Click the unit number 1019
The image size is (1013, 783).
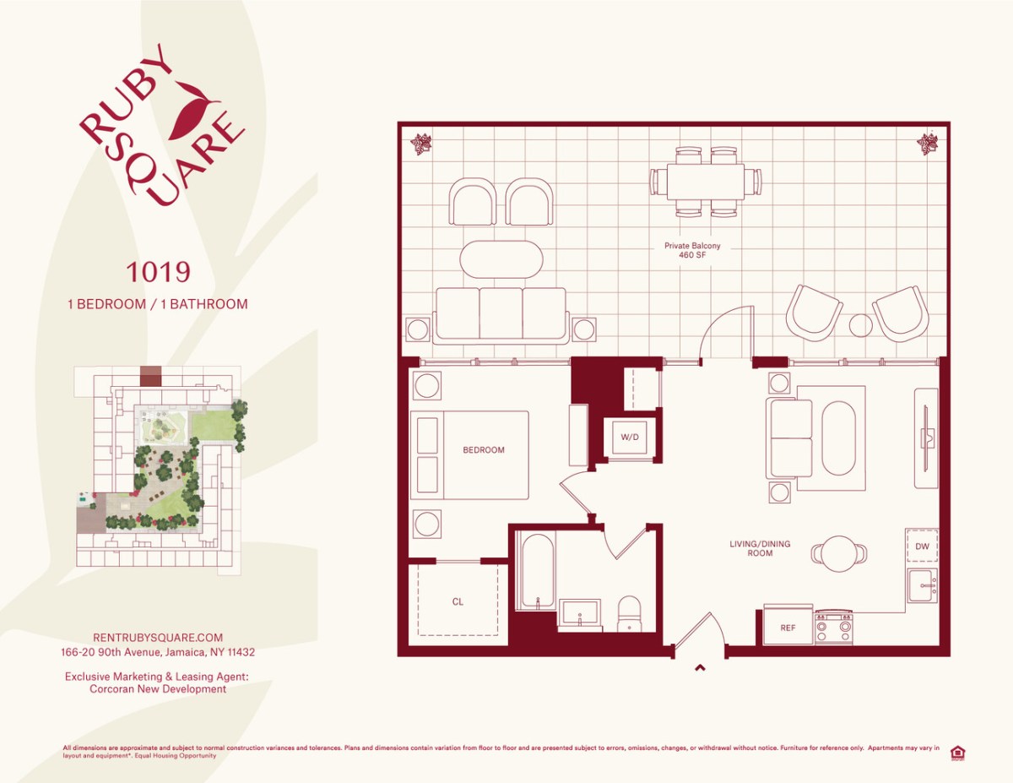point(158,272)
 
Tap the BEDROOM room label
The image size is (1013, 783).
point(484,450)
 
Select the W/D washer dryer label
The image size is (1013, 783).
point(630,438)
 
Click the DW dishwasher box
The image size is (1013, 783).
point(922,546)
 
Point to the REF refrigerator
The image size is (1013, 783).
point(788,628)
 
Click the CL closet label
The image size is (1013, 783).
point(458,602)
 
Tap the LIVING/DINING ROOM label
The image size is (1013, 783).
point(760,548)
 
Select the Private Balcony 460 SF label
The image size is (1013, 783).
point(692,252)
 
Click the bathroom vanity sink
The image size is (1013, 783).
point(580,614)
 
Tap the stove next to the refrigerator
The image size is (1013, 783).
point(833,628)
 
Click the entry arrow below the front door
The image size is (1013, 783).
point(699,669)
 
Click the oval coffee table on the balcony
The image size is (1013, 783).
point(501,259)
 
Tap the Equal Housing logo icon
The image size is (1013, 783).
point(957,753)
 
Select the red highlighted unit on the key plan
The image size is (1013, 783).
point(150,376)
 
